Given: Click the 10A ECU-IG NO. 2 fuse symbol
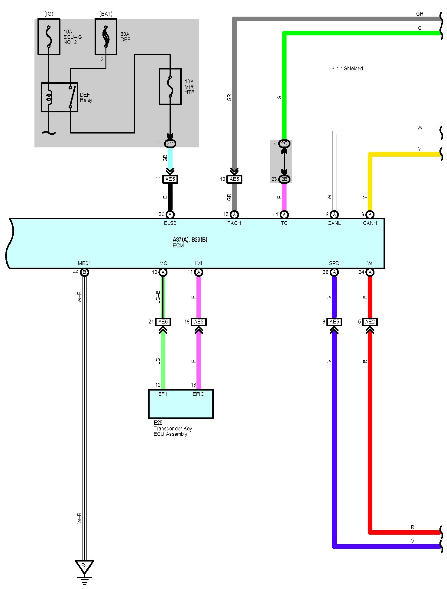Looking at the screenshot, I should click(49, 37).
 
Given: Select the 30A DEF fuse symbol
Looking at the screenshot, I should click(106, 37).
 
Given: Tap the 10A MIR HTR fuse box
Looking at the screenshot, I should click(170, 87).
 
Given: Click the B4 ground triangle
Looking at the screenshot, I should click(84, 566).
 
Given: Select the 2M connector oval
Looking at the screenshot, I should click(170, 143).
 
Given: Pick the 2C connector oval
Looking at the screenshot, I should click(284, 143).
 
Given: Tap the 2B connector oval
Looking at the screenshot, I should click(284, 179).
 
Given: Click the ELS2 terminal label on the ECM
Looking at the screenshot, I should click(170, 223).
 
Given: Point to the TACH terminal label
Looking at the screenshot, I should click(234, 223).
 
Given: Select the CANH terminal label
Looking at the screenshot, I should click(370, 223).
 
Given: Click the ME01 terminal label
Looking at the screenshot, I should click(84, 263).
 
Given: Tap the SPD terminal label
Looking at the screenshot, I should click(334, 263).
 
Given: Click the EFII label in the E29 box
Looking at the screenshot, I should click(163, 394).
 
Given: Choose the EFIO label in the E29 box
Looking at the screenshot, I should click(199, 394).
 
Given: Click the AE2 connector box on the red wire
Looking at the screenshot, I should click(370, 322).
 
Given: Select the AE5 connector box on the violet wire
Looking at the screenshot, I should click(334, 322).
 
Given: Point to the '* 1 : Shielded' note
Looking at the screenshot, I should click(347, 69).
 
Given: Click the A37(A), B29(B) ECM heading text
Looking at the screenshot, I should click(190, 240).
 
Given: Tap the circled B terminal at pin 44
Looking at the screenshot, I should click(85, 272).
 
